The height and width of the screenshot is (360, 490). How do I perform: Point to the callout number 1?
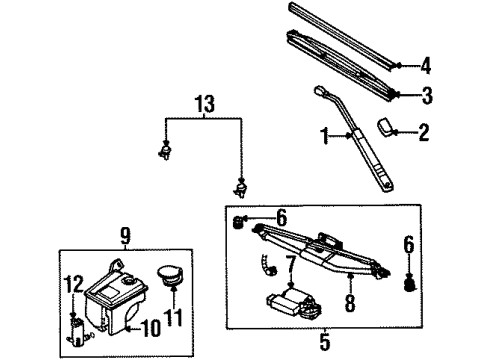coord(323,133)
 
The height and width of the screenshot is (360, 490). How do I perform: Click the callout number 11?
coord(176,319)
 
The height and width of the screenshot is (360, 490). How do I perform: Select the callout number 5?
coord(326,340)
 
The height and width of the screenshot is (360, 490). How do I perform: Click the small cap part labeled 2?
coord(388,128)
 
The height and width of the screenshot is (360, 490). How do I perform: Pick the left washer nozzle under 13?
coord(163,152)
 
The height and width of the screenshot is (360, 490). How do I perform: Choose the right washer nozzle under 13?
coord(240,185)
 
